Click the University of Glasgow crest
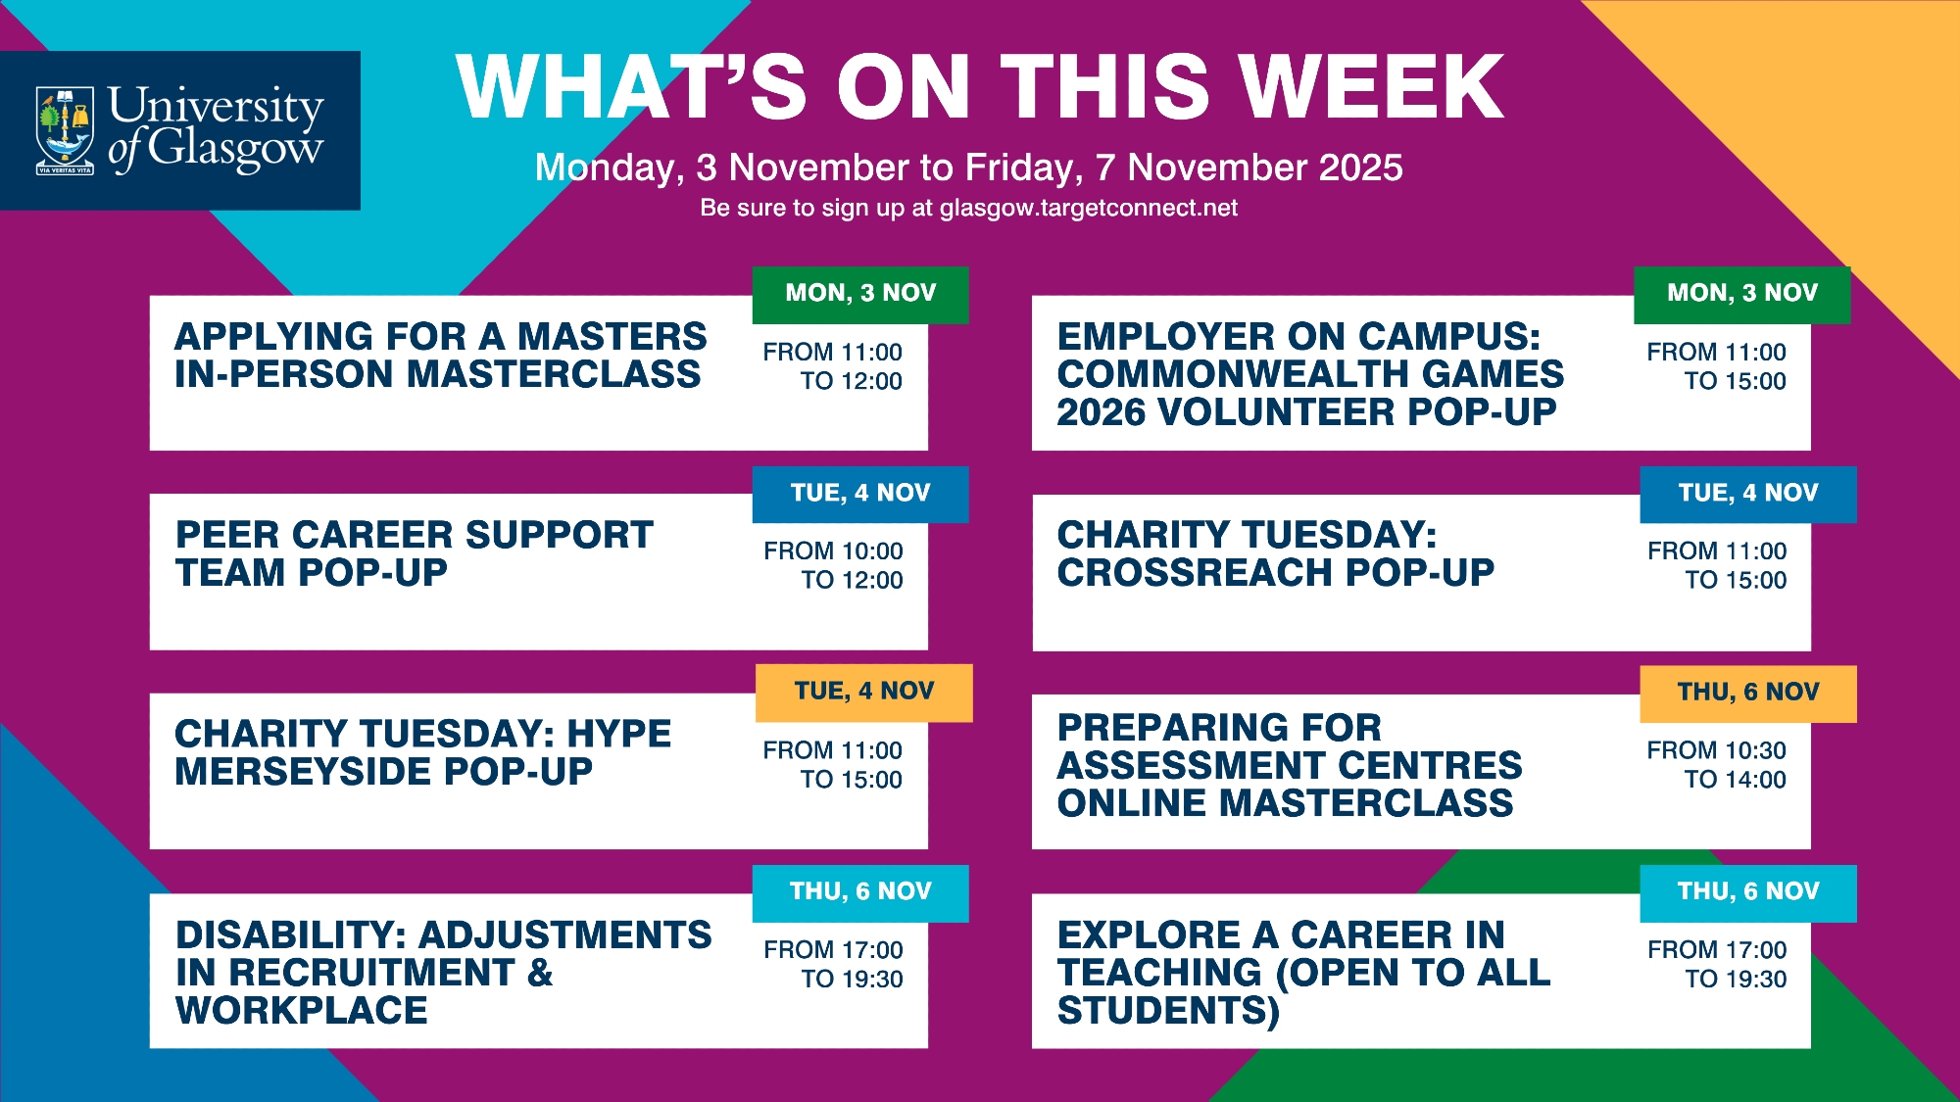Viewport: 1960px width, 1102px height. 65,130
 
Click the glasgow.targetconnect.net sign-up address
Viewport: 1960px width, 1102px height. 1088,209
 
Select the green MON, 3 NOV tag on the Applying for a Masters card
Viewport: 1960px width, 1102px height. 860,294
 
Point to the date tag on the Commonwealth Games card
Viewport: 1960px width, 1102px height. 1742,294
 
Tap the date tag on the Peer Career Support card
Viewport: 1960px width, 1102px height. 860,494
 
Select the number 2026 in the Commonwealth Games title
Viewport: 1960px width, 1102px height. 1101,412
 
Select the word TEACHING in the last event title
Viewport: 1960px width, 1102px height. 1159,973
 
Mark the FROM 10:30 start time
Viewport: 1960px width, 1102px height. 1716,750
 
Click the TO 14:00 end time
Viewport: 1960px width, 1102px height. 1735,780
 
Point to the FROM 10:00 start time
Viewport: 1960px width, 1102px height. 833,551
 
